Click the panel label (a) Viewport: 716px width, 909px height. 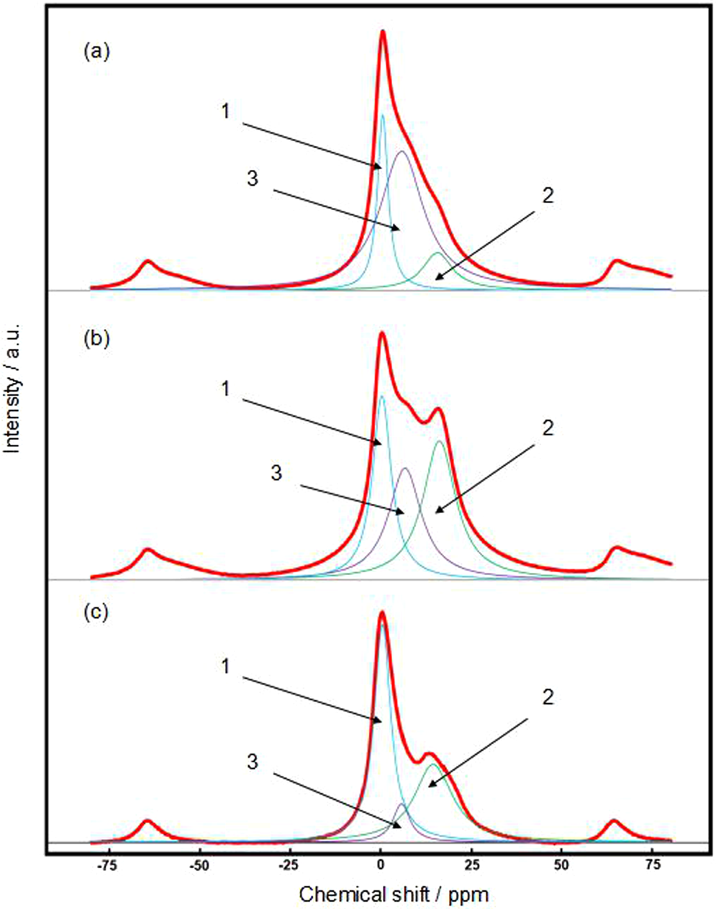click(96, 52)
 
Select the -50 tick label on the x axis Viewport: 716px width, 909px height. click(199, 864)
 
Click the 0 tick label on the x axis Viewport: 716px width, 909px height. click(381, 864)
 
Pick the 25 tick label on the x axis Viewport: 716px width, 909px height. click(471, 864)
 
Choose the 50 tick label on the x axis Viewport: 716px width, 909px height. click(562, 864)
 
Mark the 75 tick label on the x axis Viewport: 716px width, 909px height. click(652, 864)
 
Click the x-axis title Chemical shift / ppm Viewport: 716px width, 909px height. click(394, 895)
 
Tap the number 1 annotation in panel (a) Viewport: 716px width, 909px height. click(225, 112)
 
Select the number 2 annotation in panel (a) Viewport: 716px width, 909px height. click(548, 196)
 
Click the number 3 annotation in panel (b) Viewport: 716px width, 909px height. click(276, 473)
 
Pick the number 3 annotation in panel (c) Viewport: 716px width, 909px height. click(252, 762)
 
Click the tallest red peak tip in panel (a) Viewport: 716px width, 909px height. click(383, 31)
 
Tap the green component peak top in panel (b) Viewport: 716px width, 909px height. click(439, 441)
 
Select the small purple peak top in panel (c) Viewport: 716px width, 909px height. click(401, 804)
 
